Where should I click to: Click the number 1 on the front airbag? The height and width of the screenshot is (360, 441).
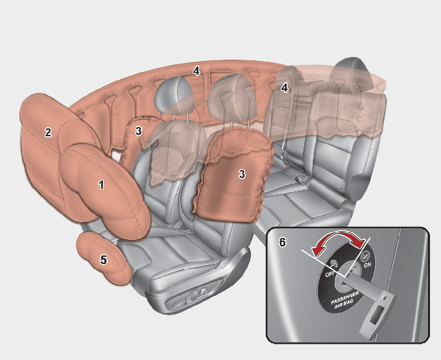tap(101, 184)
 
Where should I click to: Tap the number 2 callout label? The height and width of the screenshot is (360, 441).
tap(48, 132)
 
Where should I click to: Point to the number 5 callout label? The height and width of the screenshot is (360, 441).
tap(104, 259)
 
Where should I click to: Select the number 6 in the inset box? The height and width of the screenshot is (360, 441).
tap(282, 242)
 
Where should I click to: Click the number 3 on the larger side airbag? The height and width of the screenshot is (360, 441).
tap(242, 174)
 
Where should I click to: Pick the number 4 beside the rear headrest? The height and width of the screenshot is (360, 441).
tap(284, 88)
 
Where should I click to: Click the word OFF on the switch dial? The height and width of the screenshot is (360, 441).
tap(330, 274)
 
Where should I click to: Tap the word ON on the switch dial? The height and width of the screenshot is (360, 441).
tap(367, 265)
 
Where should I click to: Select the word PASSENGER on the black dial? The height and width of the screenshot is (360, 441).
tap(345, 298)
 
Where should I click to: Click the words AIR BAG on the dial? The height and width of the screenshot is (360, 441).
tap(344, 304)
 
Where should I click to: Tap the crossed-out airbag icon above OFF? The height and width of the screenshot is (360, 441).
tap(335, 263)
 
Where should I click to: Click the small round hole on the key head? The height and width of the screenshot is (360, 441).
tap(384, 296)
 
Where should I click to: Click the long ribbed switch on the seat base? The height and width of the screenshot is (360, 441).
tap(179, 304)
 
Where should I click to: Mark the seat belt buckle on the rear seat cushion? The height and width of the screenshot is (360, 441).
tap(302, 179)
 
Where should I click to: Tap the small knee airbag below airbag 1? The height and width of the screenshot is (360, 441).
tap(104, 258)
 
